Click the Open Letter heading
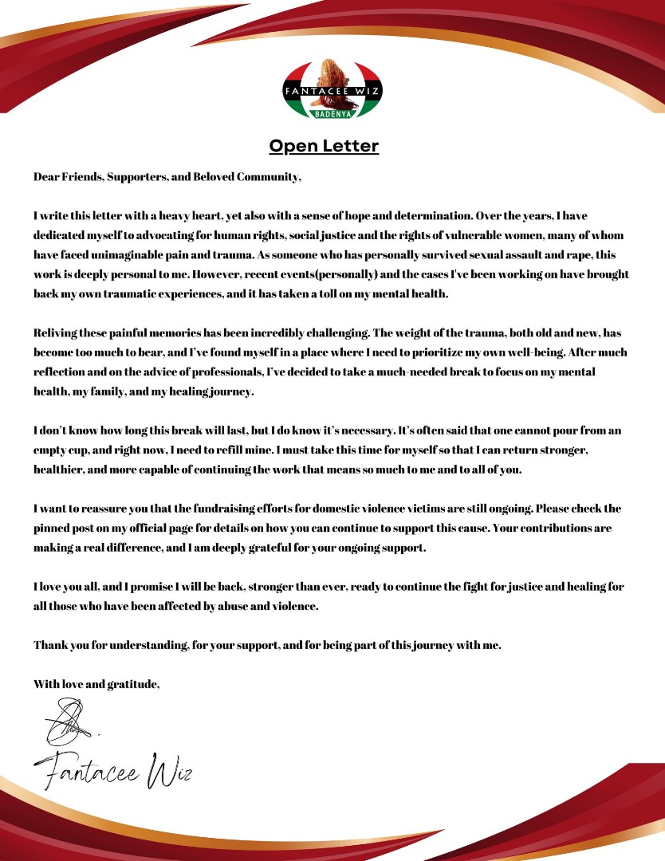click(323, 146)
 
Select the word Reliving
click(56, 332)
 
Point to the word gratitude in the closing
click(133, 683)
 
